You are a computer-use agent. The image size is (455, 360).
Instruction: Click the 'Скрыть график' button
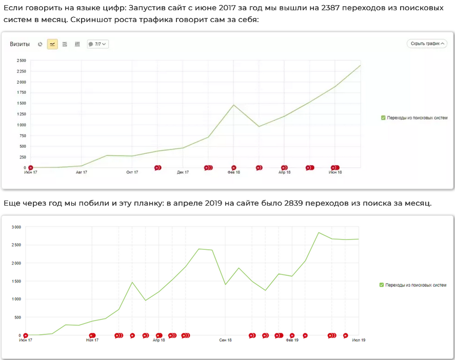coord(427,44)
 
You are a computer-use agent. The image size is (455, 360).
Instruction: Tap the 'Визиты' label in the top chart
coord(19,44)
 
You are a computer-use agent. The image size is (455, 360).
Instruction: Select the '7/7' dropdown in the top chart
coord(97,44)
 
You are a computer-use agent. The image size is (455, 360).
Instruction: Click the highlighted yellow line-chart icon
coord(52,44)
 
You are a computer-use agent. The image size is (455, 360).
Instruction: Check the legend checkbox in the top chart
coord(383,118)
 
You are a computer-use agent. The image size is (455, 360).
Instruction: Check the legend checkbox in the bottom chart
coord(381,285)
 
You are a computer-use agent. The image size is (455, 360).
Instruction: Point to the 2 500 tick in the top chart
coord(21,61)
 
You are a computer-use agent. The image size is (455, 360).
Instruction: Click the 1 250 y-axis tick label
coord(21,114)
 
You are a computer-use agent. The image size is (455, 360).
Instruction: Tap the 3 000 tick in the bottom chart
coord(16,227)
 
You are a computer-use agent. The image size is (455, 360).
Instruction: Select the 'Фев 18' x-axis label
coord(234,173)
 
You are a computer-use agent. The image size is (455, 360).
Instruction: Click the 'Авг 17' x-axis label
coord(82,173)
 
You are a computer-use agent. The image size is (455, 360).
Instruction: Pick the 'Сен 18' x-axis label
coord(226,340)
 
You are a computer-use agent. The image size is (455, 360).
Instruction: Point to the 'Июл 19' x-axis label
coord(359,340)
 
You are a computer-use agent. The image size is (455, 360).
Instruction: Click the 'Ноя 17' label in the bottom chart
coord(92,340)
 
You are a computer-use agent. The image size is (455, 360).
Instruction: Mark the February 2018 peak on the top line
coord(234,105)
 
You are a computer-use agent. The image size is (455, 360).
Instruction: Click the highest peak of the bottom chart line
coord(319,232)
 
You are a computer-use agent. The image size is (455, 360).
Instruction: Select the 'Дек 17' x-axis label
coord(183,173)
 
